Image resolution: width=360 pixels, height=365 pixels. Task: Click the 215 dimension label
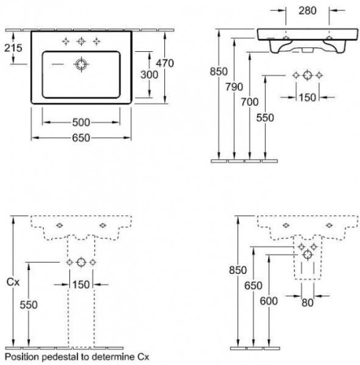click(x=13, y=48)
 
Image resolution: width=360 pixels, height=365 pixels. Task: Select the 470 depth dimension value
click(x=165, y=64)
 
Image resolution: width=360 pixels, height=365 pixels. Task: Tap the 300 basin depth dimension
click(x=149, y=74)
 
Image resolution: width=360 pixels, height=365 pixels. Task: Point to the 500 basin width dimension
click(x=81, y=123)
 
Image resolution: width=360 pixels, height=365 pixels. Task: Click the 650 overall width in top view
click(x=81, y=138)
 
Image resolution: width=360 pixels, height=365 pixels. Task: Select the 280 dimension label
click(x=307, y=10)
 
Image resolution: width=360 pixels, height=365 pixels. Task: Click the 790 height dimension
click(x=234, y=87)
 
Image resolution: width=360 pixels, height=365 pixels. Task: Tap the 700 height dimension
click(x=250, y=102)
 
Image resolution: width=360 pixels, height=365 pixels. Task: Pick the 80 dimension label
click(x=307, y=303)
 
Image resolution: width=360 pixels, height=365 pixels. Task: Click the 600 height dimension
click(x=269, y=301)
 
